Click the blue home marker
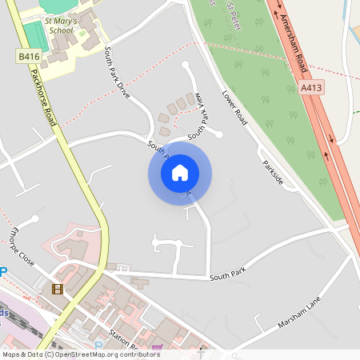point(180,173)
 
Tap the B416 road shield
point(30,57)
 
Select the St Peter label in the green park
point(234,17)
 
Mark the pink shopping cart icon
point(157,348)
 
